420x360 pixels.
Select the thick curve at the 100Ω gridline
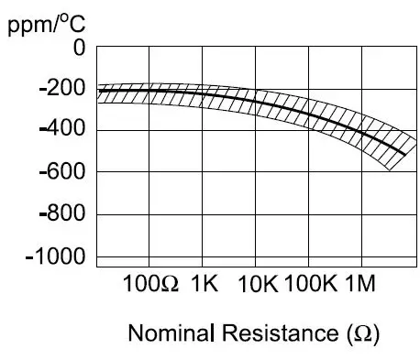149,91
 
